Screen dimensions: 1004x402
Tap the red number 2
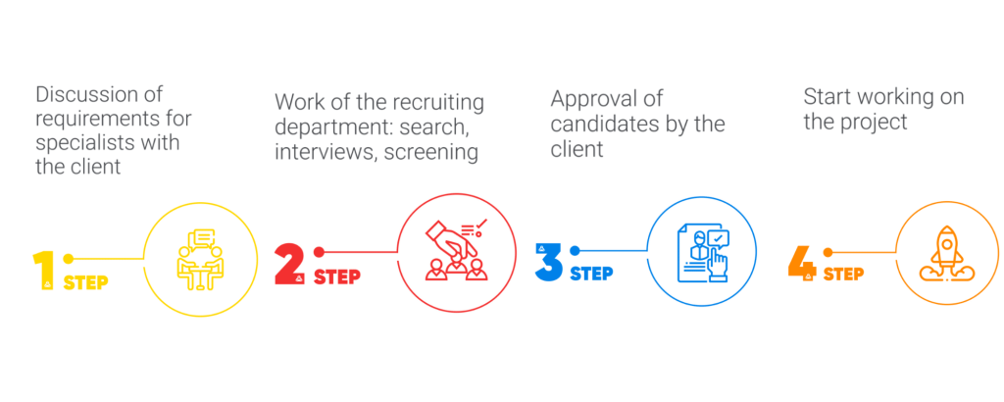pos(289,265)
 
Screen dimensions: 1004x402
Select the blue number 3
pos(548,262)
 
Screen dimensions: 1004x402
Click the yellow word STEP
pos(85,281)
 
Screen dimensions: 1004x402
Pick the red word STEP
pos(337,276)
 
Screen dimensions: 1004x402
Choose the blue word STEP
pos(591,274)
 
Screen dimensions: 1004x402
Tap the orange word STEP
pos(843,274)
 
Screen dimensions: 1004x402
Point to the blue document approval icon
pos(703,252)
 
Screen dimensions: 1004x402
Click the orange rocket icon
pos(947,253)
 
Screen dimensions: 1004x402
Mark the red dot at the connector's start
pos(319,252)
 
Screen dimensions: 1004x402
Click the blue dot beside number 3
pos(575,250)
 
